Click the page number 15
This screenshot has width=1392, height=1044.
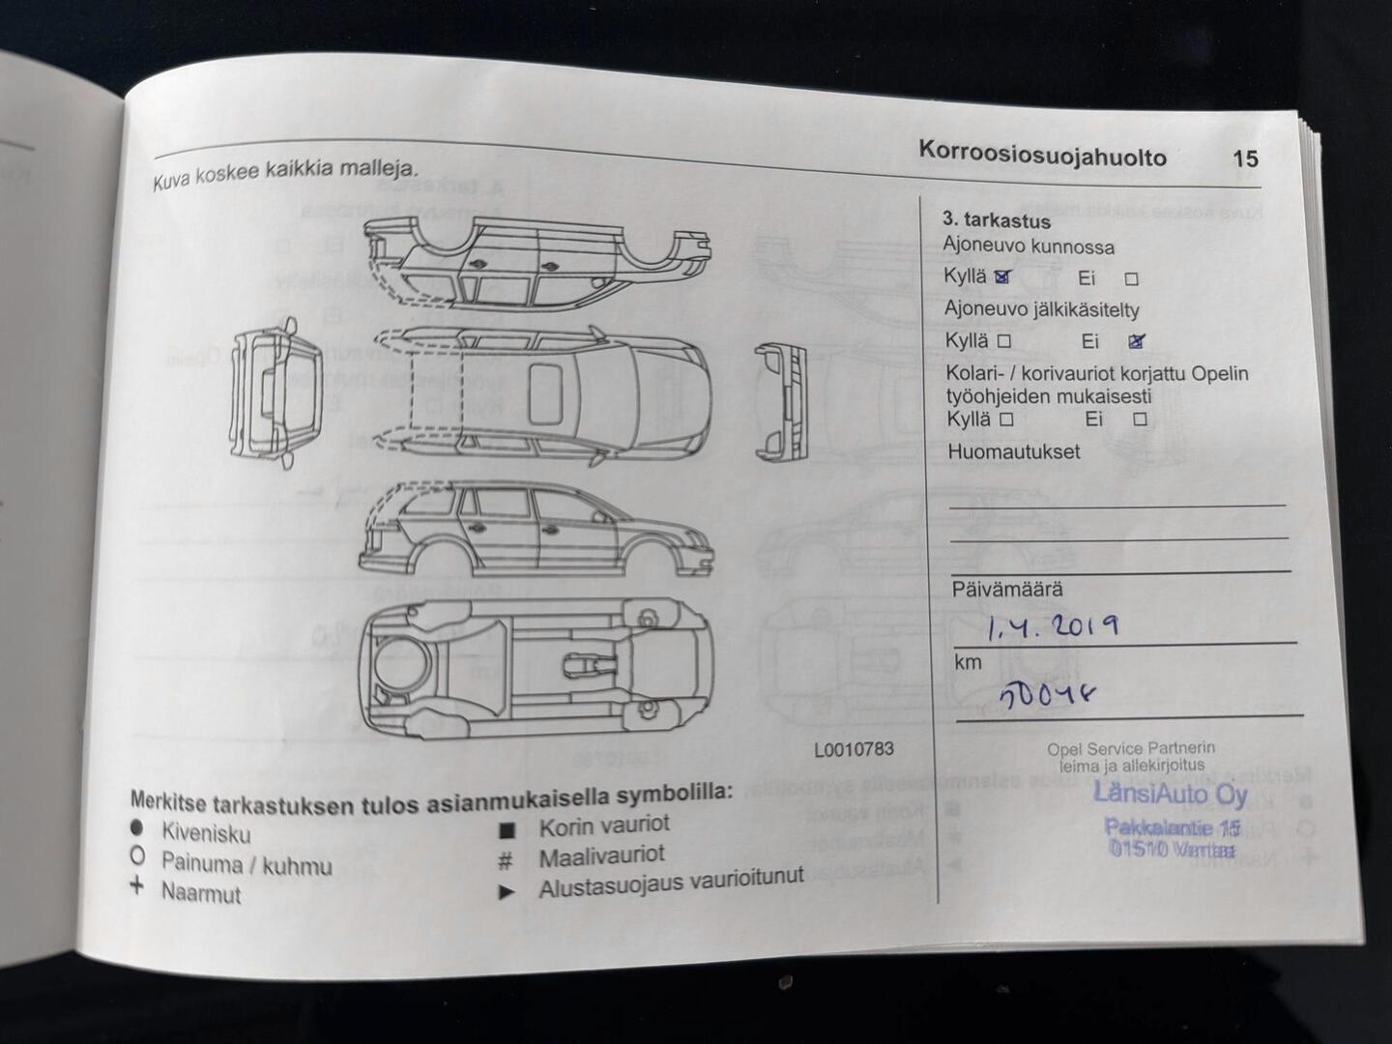point(1245,159)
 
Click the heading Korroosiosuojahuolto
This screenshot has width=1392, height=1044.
point(1042,154)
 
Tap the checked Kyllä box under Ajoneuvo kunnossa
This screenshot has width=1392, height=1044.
point(1002,277)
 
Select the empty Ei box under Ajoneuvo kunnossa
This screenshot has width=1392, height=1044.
point(1132,279)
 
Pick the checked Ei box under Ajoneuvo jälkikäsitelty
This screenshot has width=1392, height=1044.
point(1137,341)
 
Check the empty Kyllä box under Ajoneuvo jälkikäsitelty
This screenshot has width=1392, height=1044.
point(1004,341)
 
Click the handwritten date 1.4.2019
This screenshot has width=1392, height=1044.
point(1052,628)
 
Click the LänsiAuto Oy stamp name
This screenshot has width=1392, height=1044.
point(1171,795)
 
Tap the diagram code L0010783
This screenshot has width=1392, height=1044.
point(854,749)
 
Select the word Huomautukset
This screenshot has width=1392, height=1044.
point(1013,452)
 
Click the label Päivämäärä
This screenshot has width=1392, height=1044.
point(1007,590)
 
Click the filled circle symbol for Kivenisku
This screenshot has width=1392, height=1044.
point(137,828)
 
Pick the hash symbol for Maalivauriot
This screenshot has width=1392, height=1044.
point(505,859)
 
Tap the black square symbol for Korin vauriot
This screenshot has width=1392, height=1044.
point(507,829)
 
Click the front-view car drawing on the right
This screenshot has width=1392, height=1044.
point(781,400)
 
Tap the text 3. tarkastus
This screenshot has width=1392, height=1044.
point(996,220)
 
